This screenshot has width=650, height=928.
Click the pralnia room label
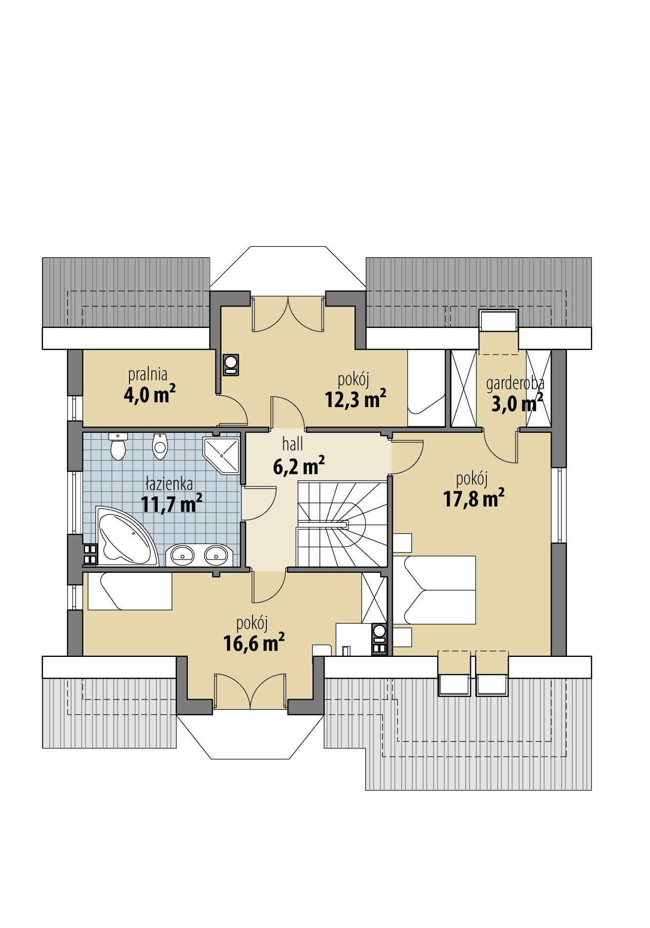tap(148, 374)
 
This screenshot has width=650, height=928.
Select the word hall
tap(293, 444)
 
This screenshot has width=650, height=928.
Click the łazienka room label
tap(169, 483)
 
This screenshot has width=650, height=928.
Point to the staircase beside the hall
tap(341, 525)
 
